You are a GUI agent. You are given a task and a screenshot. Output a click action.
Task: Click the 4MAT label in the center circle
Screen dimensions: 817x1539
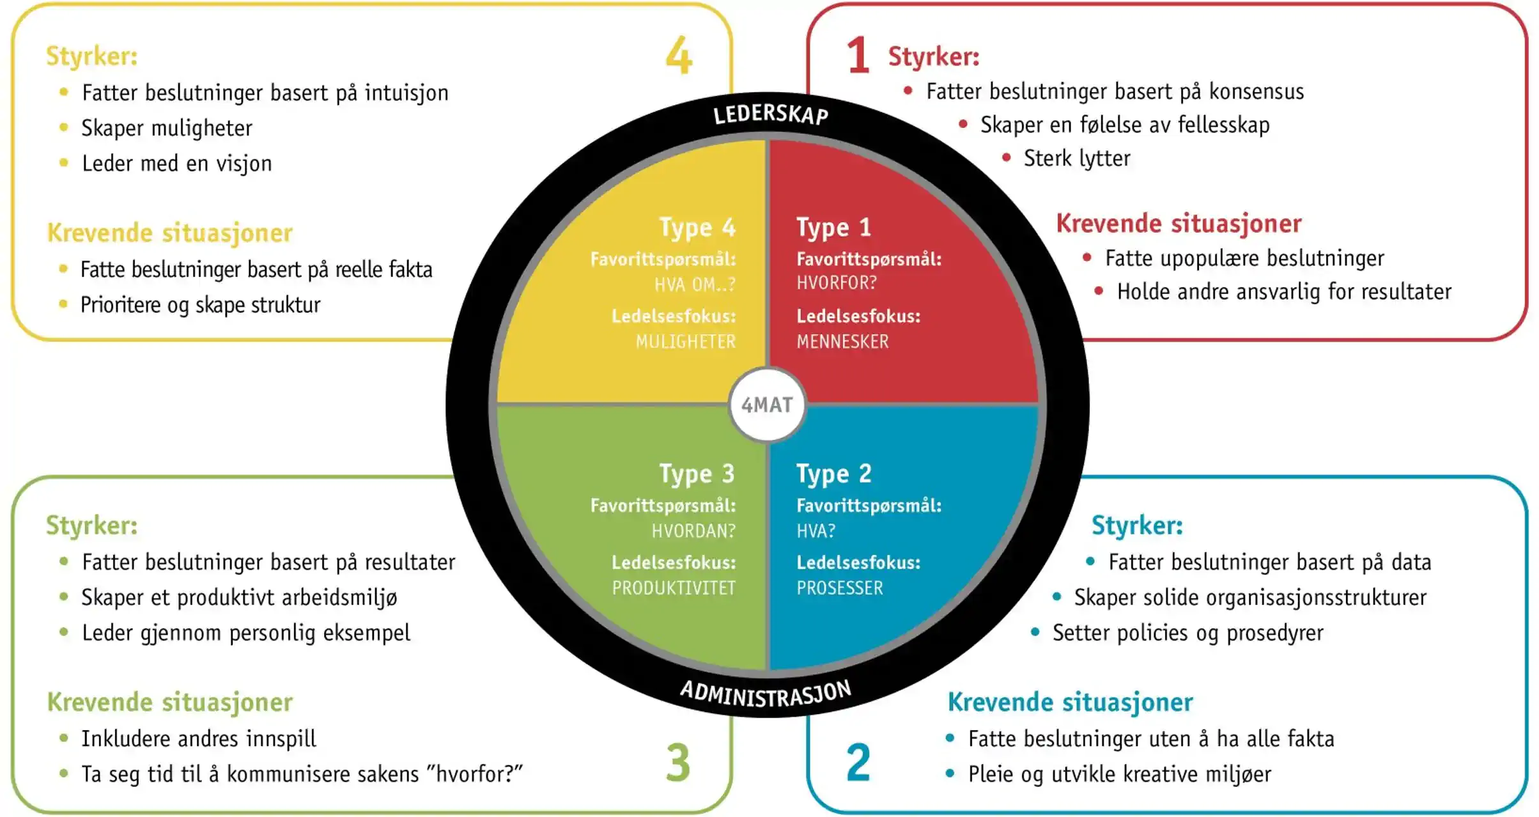[x=767, y=405]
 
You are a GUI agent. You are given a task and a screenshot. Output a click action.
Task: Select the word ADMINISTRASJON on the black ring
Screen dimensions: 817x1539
[x=766, y=694]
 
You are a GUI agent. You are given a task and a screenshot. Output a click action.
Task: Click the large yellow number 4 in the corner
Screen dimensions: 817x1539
[x=678, y=56]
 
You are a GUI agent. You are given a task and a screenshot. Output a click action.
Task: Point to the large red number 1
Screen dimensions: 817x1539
[x=858, y=56]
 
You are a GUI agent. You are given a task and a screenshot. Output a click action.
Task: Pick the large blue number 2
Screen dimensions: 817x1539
[x=858, y=762]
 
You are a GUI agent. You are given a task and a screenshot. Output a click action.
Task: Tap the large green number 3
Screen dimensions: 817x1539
[x=678, y=762]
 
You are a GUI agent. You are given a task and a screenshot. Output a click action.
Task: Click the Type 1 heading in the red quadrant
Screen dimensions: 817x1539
[x=833, y=228]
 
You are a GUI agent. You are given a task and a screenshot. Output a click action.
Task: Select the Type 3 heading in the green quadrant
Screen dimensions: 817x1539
[x=697, y=474]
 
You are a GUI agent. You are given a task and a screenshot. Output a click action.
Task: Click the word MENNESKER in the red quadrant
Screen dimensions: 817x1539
[x=842, y=342]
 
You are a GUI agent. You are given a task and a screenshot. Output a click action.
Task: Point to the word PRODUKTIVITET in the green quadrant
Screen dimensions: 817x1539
[x=674, y=588]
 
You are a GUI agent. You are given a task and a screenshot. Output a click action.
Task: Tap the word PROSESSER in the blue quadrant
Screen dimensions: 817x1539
[x=839, y=588]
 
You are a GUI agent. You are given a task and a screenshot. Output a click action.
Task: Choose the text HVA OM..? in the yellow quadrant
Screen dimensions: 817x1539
[x=695, y=284]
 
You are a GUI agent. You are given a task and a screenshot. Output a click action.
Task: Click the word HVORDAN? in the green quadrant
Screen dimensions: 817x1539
[x=693, y=531]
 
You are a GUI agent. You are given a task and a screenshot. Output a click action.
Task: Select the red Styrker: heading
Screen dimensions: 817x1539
[x=933, y=57]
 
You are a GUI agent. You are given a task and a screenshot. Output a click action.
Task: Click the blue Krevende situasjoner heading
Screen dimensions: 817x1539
[x=1070, y=702]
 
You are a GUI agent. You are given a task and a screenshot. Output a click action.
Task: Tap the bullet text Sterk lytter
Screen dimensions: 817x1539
[x=1077, y=159]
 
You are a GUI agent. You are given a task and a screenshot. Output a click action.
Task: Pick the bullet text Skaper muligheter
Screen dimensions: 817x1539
[x=167, y=128]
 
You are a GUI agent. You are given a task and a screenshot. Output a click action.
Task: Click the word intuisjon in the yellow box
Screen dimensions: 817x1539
[x=406, y=93]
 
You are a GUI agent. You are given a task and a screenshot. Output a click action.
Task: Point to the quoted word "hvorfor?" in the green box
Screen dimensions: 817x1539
[x=479, y=774]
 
